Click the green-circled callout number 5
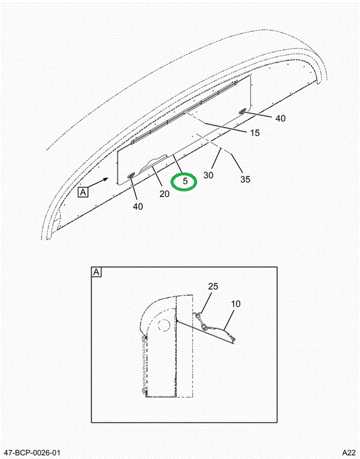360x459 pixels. click(x=185, y=181)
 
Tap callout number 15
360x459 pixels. click(x=255, y=133)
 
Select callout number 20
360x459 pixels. click(x=164, y=194)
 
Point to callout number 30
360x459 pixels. click(x=208, y=175)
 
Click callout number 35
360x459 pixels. click(x=245, y=179)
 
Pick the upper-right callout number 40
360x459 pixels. click(x=280, y=119)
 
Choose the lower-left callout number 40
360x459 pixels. click(x=138, y=207)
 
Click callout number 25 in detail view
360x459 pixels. click(x=213, y=286)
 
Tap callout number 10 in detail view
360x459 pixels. click(x=236, y=304)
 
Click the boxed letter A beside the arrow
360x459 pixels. click(x=83, y=193)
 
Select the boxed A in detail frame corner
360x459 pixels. click(x=96, y=272)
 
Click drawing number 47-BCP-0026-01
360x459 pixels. click(x=32, y=452)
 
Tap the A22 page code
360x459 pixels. click(x=349, y=452)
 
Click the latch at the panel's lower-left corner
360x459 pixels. click(x=130, y=175)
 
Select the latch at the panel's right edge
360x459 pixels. click(x=242, y=111)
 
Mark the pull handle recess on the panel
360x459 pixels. click(x=154, y=164)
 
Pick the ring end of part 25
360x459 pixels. click(x=198, y=316)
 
